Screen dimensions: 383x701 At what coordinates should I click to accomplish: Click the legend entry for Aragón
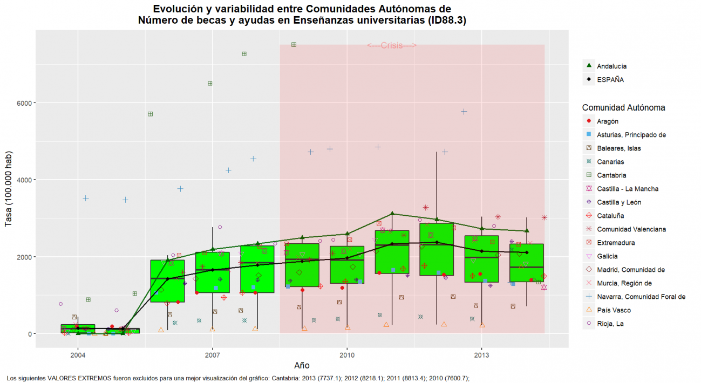(x=608, y=121)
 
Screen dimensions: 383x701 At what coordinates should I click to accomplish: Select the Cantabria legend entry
(x=611, y=175)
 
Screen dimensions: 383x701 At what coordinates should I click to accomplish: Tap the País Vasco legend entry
(x=614, y=310)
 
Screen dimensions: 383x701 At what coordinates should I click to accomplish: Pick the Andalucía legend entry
(x=611, y=66)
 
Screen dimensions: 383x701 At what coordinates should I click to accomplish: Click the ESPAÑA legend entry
(x=610, y=79)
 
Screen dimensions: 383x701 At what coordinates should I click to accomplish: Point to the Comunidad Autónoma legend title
(x=623, y=107)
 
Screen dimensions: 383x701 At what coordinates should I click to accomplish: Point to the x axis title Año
(x=302, y=365)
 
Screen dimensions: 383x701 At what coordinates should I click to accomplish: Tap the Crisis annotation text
(x=392, y=46)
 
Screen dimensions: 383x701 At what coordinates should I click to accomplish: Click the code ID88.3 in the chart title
(x=446, y=20)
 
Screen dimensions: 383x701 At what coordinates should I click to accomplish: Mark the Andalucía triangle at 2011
(x=392, y=214)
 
